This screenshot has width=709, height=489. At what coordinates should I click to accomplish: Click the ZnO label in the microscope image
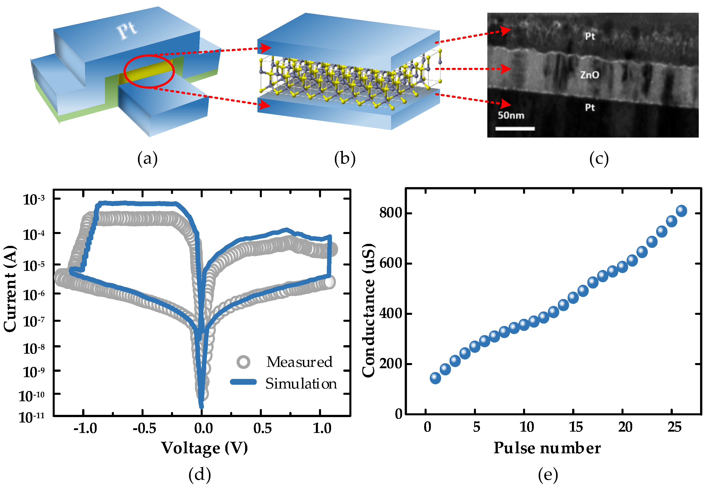point(590,75)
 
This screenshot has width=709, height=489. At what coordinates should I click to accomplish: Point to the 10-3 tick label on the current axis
point(34,199)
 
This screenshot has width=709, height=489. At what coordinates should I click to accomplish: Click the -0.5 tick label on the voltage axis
point(144,428)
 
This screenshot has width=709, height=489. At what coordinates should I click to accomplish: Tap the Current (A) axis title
point(10,289)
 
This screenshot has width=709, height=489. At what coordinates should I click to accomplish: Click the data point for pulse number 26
point(681,211)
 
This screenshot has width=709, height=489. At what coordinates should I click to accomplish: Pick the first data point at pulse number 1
point(435,378)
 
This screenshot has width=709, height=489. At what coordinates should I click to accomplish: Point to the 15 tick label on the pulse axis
point(576,427)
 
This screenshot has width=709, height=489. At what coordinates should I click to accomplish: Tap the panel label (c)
point(599,159)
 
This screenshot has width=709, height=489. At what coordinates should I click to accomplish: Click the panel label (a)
point(147,159)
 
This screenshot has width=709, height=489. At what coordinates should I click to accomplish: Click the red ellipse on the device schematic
point(149,71)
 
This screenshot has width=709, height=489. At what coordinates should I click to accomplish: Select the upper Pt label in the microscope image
point(590,36)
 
